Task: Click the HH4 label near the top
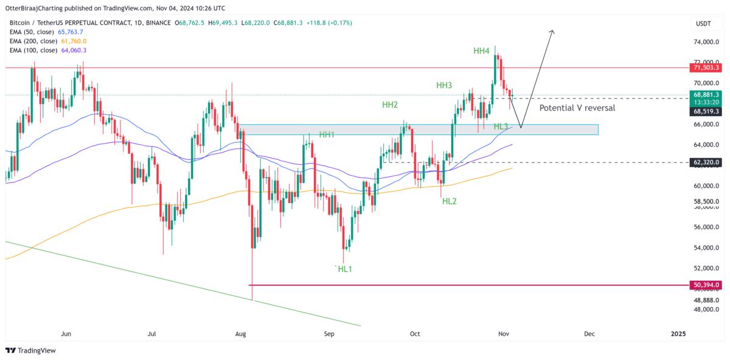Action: point(481,51)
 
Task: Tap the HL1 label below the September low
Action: point(343,269)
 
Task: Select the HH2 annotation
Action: point(390,105)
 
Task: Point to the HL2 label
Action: point(450,201)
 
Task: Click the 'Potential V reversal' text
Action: point(577,108)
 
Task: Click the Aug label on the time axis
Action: point(240,334)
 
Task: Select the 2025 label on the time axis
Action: point(678,334)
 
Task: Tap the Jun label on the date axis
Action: point(66,334)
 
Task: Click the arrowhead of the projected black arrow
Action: point(552,32)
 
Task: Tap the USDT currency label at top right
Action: point(704,23)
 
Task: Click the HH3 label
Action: point(443,86)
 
